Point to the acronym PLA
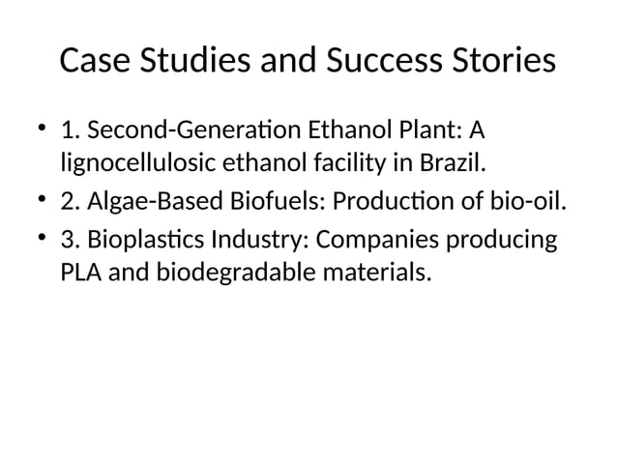click(x=81, y=274)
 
